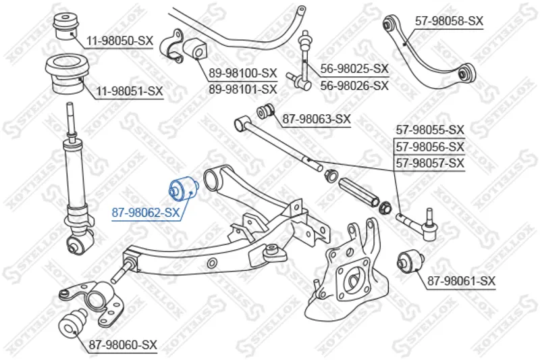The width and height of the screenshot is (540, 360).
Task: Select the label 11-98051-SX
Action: click(x=129, y=91)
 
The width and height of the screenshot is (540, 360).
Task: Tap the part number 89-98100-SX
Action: click(x=242, y=72)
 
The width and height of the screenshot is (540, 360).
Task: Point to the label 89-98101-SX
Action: click(x=242, y=88)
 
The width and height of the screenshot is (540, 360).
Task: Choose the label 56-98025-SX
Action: click(x=354, y=69)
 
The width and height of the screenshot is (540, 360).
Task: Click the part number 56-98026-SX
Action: click(x=354, y=85)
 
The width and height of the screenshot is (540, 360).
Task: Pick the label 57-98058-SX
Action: click(x=449, y=21)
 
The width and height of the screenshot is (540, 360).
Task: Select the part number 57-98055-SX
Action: click(x=430, y=129)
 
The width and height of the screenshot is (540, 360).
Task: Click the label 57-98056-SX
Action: click(x=430, y=146)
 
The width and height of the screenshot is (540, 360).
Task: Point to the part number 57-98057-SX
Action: click(x=430, y=163)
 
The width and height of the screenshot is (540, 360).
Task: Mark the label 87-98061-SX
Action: click(x=460, y=280)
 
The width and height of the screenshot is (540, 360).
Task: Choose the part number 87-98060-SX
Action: click(x=122, y=345)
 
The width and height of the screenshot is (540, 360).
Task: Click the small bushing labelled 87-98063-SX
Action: click(x=266, y=110)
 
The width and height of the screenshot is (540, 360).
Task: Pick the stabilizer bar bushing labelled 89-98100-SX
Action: click(x=196, y=48)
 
